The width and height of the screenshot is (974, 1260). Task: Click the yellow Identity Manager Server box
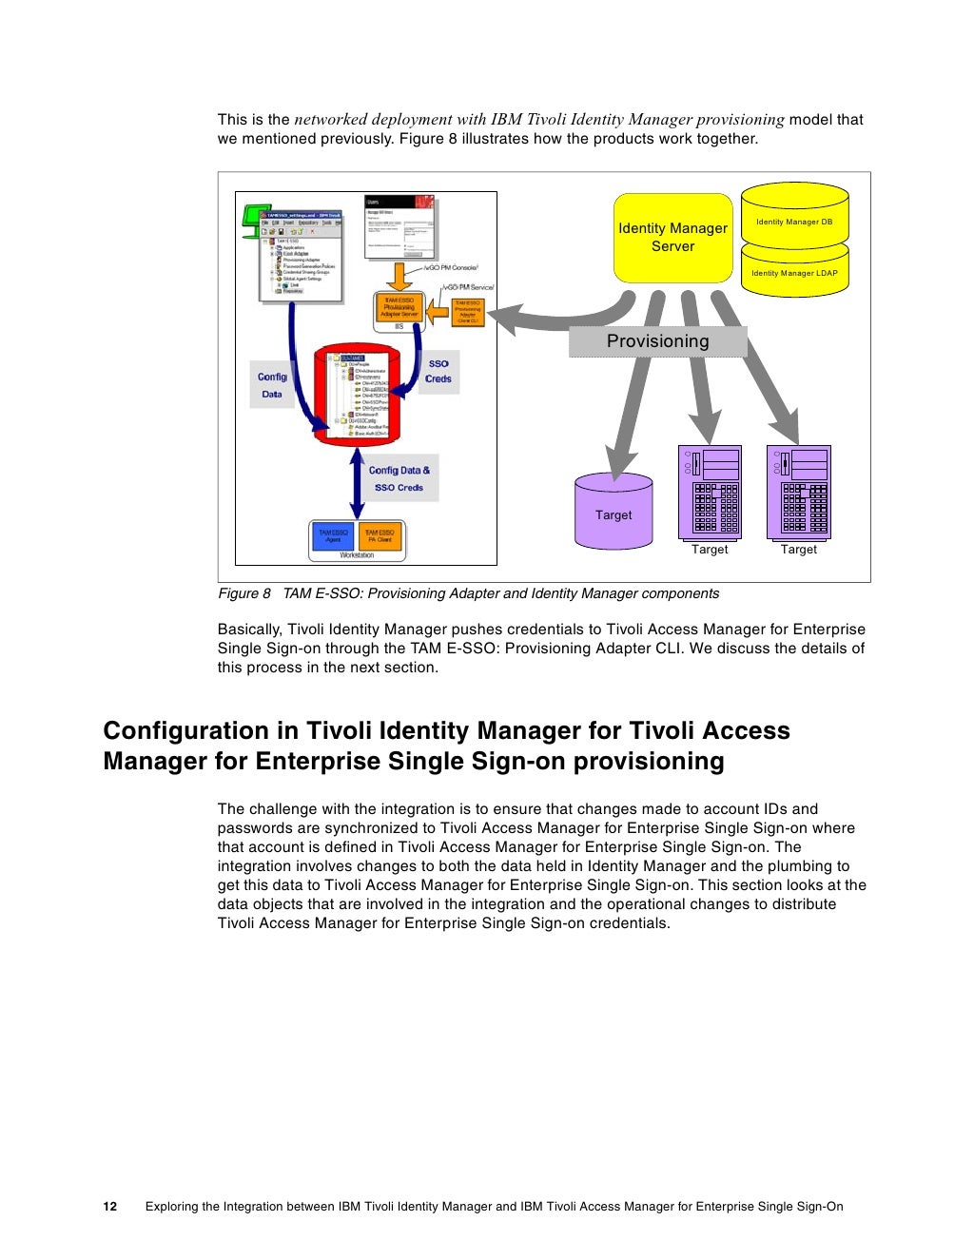coord(672,238)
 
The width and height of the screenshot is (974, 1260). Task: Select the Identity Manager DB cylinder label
coord(794,222)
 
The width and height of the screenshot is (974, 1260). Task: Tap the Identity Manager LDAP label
coord(794,273)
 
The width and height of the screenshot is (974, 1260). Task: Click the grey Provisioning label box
coord(657,341)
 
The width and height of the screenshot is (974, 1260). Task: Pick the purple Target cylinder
coord(614,514)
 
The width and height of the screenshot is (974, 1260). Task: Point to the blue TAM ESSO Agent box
coord(333,536)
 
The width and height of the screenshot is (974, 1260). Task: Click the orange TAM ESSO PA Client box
coord(380,536)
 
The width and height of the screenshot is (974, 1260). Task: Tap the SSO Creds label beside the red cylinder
coord(438,371)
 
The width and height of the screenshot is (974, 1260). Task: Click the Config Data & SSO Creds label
coord(399,478)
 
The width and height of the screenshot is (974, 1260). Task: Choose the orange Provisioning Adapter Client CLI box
coord(468,313)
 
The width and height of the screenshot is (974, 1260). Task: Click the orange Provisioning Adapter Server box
coord(399,308)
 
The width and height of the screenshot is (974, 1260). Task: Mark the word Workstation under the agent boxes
coord(357,555)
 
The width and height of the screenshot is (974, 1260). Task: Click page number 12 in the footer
coord(110,1207)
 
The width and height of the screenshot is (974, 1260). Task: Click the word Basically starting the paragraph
coord(250,629)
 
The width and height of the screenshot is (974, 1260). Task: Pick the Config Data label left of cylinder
coord(272,385)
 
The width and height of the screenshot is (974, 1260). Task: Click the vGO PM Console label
coord(451,268)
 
